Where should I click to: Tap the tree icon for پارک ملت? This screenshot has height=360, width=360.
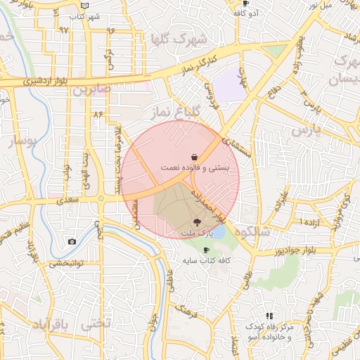tap(195, 221)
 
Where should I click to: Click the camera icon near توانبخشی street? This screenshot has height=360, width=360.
tap(72, 242)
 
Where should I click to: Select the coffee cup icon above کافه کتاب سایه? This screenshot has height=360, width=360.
tap(206, 250)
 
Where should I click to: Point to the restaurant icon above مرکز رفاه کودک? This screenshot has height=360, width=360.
tap(269, 316)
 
